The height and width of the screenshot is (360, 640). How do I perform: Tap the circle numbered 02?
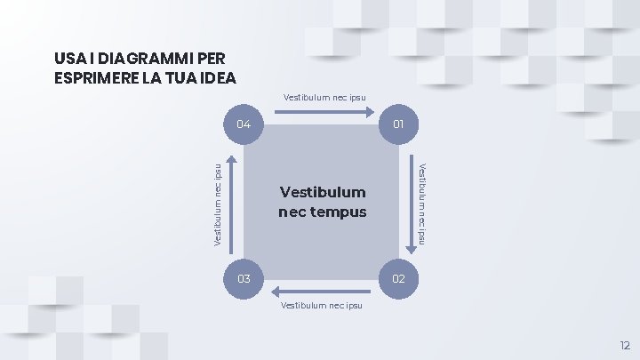[x=399, y=279]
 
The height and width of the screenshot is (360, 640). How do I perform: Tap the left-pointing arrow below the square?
[x=321, y=291]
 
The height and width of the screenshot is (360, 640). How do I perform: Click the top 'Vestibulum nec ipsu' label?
[x=324, y=97]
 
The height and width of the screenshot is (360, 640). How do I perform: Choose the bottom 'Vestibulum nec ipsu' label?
[x=321, y=306]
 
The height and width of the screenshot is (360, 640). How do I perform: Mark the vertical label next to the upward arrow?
[x=218, y=204]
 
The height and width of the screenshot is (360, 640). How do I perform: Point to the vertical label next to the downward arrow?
[x=425, y=204]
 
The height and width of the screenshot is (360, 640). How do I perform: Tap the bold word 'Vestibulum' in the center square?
[x=322, y=192]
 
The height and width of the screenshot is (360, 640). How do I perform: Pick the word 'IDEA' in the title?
[x=217, y=77]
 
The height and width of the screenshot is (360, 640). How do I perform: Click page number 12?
[x=624, y=344]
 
